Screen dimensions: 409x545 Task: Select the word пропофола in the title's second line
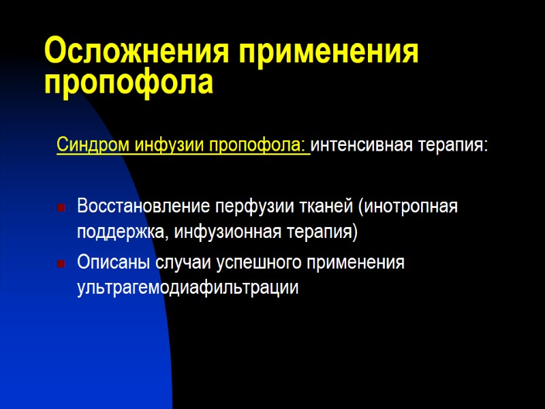[129, 82]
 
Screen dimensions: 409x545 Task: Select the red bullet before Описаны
[61, 263]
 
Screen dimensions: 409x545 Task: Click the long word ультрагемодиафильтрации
[188, 288]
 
